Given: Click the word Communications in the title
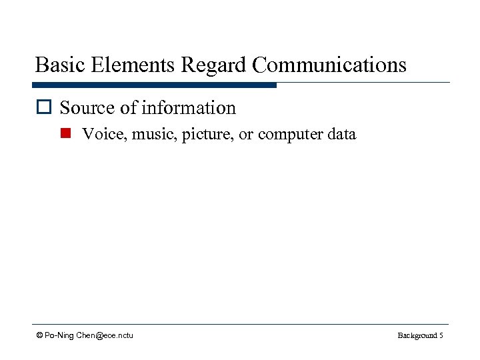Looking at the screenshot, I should click(x=329, y=65).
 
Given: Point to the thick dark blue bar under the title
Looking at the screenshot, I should click(x=154, y=85).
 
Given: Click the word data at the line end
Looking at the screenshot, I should click(x=342, y=134).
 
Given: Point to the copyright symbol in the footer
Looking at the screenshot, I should click(x=40, y=335).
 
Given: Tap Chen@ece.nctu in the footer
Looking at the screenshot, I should click(x=105, y=335).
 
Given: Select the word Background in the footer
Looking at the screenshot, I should click(x=417, y=335).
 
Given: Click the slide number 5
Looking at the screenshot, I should click(x=441, y=335).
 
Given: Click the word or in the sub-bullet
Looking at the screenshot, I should click(x=246, y=134).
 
